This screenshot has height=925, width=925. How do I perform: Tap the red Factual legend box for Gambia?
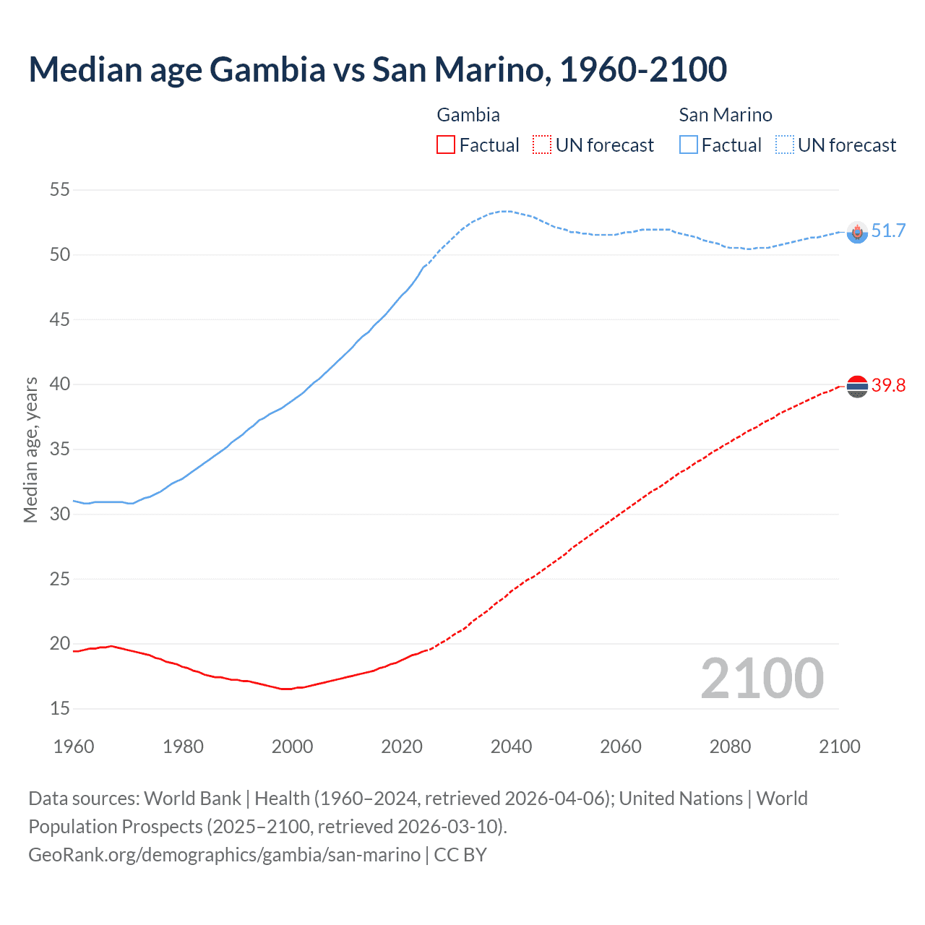[446, 145]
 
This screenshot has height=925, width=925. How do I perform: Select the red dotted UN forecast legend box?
[542, 145]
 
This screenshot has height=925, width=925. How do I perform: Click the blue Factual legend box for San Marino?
[689, 145]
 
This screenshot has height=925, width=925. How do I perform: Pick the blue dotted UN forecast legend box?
[785, 145]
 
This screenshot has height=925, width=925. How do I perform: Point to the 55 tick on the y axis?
[60, 190]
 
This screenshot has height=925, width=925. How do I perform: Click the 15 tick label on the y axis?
[60, 709]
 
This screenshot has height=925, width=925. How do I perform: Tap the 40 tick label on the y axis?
[60, 384]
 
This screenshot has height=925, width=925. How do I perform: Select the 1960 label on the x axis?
[74, 747]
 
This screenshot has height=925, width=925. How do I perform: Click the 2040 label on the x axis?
[511, 747]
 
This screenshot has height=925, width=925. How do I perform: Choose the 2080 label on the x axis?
[730, 747]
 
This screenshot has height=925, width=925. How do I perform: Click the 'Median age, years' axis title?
[30, 449]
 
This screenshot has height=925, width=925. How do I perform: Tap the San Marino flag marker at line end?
[857, 232]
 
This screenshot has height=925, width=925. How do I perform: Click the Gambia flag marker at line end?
[857, 387]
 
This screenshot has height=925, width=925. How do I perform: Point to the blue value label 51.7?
[888, 231]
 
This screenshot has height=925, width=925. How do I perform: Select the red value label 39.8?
[888, 386]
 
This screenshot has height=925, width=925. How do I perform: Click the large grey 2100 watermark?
[762, 679]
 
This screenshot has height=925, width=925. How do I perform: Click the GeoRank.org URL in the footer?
[224, 855]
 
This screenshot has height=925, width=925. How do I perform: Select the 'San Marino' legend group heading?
[726, 115]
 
